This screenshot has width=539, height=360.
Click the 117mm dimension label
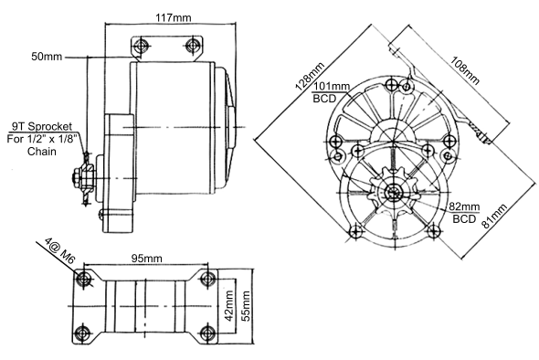[x=174, y=17]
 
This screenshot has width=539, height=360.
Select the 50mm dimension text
[x=47, y=57]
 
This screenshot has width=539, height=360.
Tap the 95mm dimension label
[x=147, y=259]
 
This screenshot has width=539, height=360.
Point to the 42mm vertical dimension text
[x=229, y=306]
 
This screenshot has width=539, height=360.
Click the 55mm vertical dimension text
[x=246, y=306]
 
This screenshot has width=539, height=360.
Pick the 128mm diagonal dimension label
[x=310, y=77]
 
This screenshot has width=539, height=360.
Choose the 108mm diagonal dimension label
[x=465, y=70]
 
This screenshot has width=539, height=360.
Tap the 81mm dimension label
[x=494, y=217]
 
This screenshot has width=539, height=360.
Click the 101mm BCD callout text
[x=331, y=92]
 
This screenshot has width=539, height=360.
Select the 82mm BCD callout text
[x=464, y=213]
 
